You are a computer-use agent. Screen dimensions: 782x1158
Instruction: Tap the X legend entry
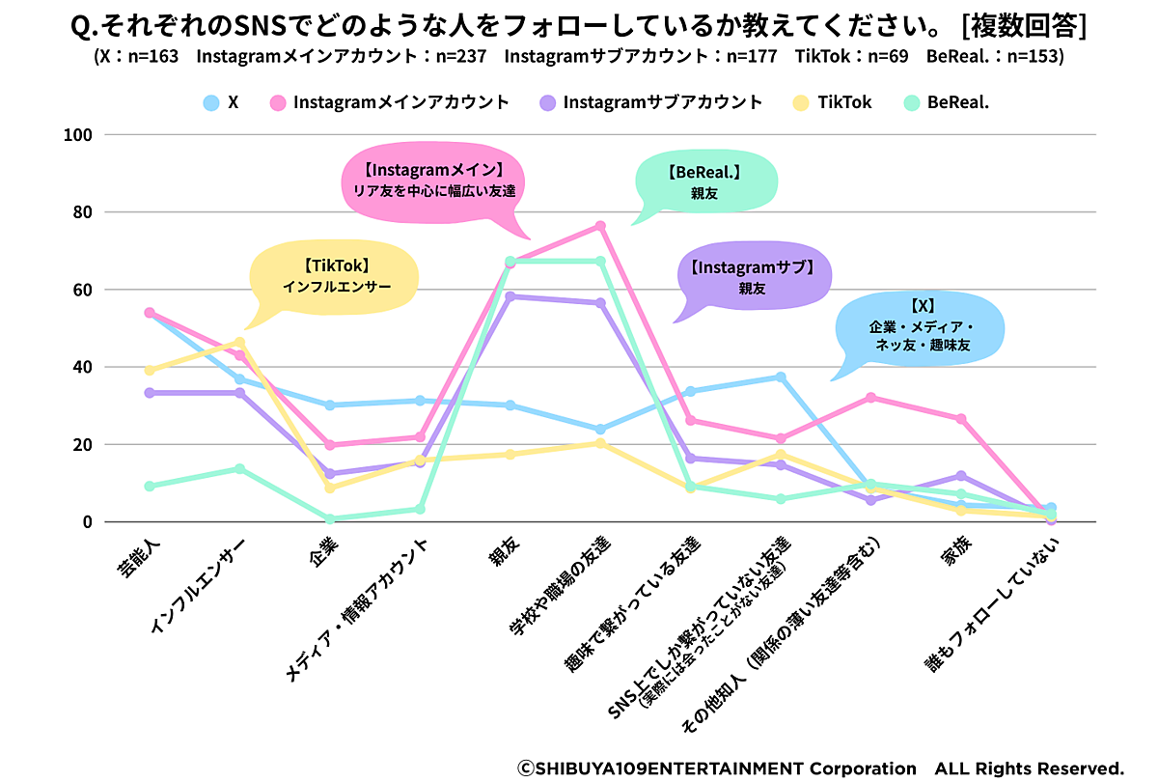[222, 102]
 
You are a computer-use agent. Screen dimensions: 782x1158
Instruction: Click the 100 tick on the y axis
[76, 135]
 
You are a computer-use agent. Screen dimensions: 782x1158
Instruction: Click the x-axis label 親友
[502, 558]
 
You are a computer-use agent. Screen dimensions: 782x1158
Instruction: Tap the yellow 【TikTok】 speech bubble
[336, 275]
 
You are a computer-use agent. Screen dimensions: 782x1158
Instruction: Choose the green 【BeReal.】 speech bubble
[704, 183]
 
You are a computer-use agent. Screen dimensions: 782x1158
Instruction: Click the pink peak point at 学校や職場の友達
[599, 226]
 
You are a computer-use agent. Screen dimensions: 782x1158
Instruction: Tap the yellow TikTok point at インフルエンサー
[239, 342]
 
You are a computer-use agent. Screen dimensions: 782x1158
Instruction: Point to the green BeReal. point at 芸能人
[150, 486]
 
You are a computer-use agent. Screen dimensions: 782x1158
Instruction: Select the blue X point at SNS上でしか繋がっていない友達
[781, 377]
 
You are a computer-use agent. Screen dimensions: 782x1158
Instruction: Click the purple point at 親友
[510, 296]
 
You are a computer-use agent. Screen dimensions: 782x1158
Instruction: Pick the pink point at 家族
[960, 419]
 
